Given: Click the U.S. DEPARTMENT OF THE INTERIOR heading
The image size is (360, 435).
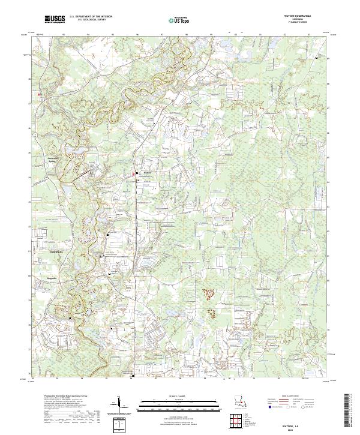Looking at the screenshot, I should (91, 17).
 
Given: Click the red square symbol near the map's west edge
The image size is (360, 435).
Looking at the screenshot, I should (40, 94).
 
